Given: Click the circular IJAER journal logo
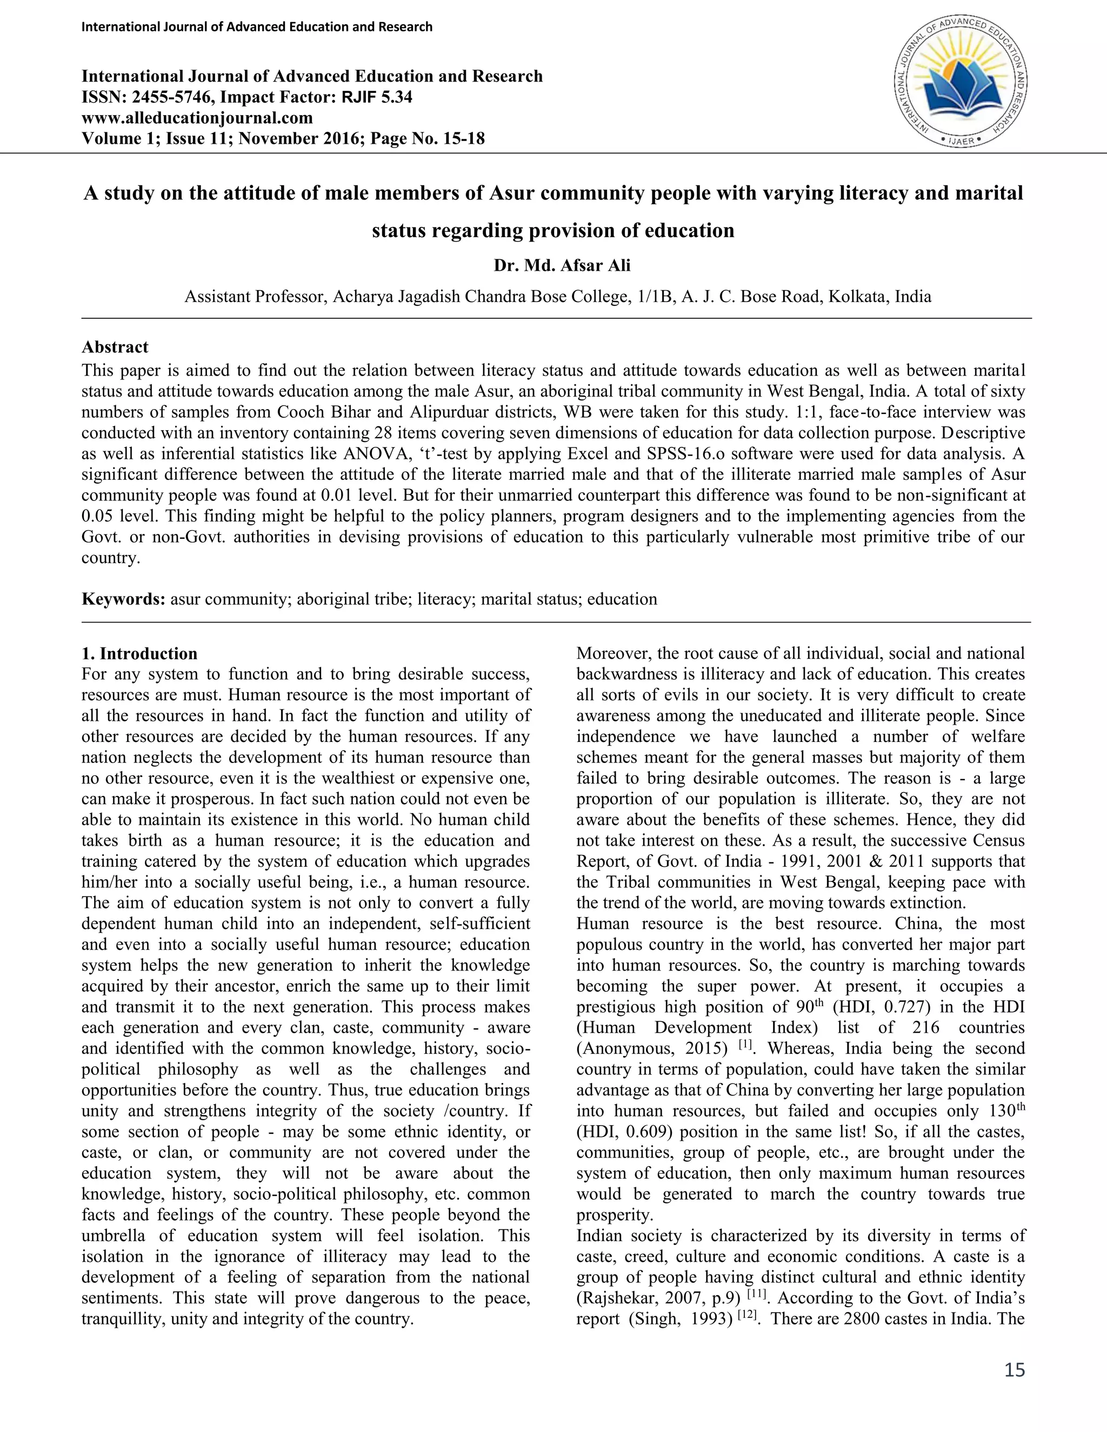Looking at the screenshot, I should (x=961, y=81).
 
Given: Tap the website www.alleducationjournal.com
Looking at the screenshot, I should (x=197, y=118).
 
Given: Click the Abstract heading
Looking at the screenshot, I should (x=115, y=347).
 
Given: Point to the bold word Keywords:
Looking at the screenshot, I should (x=123, y=599).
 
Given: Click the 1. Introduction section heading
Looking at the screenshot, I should (x=139, y=654).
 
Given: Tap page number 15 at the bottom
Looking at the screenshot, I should (x=1014, y=1370).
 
